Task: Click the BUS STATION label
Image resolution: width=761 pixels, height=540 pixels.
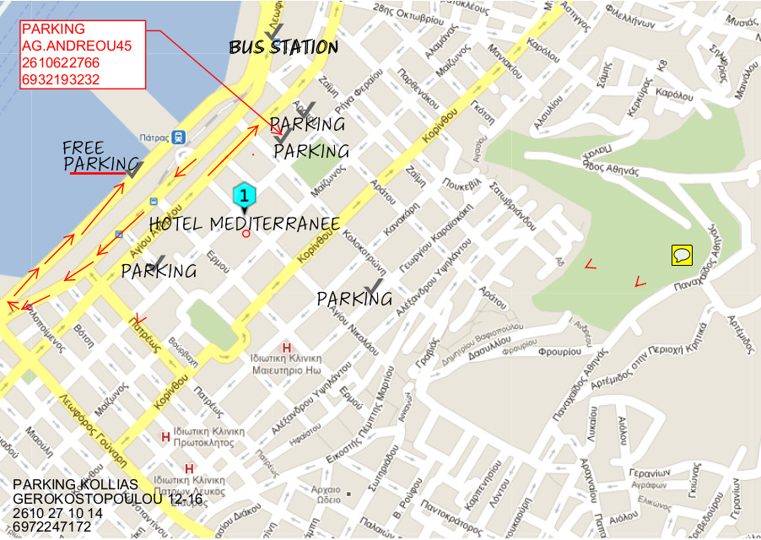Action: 283,47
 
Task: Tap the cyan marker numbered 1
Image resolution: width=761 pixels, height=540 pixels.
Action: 243,195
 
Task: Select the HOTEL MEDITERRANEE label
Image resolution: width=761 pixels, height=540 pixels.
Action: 245,224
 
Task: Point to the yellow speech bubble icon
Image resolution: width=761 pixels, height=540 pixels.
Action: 682,254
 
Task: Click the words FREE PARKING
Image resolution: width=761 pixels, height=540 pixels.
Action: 100,156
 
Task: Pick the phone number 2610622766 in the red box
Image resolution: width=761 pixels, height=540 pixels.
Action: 61,63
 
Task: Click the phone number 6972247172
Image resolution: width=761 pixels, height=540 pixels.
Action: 52,527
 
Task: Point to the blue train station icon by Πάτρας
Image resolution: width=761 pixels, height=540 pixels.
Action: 179,137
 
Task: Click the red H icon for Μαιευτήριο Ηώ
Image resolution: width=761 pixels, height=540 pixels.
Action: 287,347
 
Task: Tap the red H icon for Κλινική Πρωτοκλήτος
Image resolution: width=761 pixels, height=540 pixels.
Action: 165,436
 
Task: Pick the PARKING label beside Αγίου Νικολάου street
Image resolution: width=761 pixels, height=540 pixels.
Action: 354,299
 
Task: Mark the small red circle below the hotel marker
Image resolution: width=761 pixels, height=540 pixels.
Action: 246,234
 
